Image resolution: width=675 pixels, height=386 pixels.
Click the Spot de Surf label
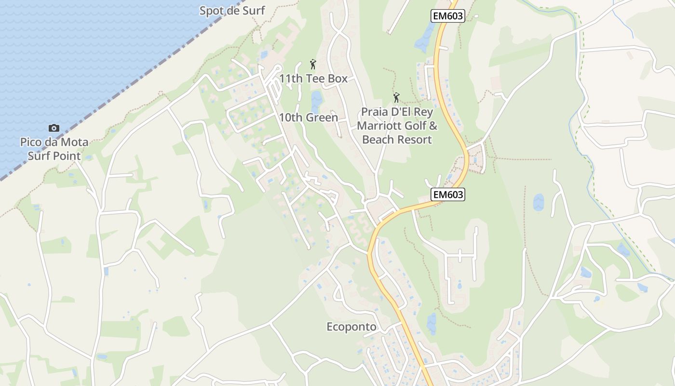point(232,11)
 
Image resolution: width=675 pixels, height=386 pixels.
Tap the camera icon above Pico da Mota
point(54,128)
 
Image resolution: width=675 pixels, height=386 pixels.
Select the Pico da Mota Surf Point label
point(54,149)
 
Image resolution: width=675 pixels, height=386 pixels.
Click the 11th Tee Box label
point(313,79)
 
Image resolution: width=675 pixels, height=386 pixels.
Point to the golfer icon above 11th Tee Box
point(313,64)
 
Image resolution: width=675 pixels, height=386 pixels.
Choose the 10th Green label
point(308,117)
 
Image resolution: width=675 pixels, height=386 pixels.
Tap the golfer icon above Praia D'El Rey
point(396,98)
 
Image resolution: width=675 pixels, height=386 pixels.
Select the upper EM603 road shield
point(447,16)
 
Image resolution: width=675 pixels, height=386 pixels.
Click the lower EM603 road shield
point(448,194)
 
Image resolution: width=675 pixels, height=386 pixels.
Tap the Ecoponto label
point(351,327)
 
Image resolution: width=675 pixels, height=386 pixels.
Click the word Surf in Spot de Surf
point(253,11)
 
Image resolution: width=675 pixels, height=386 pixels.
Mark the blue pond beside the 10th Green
point(316,101)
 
